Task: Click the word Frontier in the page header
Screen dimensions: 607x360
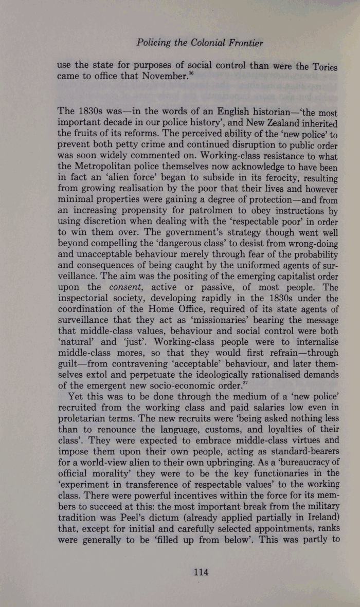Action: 243,43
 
